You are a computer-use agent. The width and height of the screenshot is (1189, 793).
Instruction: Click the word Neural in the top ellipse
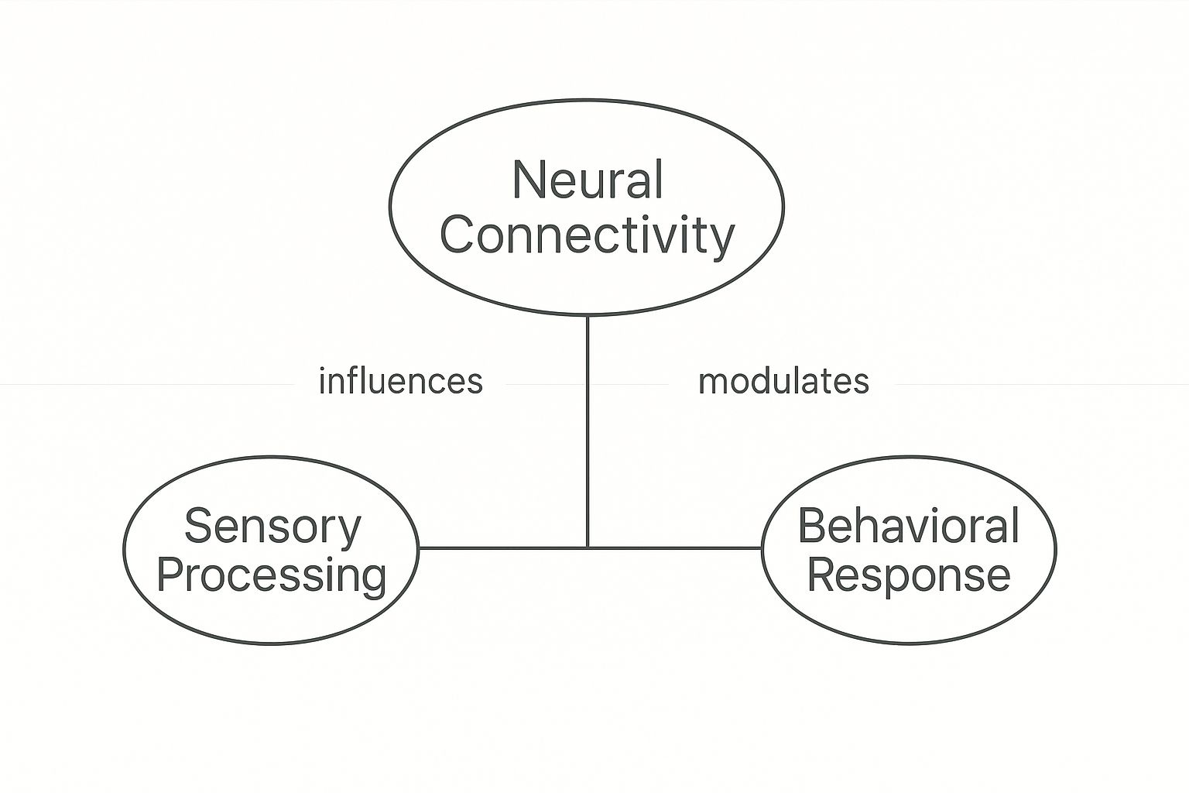coord(588,180)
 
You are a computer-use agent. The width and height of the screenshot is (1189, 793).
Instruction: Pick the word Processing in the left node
coord(271,575)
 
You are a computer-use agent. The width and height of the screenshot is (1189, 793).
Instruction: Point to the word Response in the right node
coord(908,575)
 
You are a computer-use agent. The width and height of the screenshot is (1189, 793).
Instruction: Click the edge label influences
coord(400,382)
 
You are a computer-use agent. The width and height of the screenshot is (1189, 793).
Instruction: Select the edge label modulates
coord(783,382)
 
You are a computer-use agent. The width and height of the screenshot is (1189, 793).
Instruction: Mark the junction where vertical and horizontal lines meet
coord(588,548)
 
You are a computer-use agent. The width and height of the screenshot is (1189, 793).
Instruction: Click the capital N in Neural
coord(528,180)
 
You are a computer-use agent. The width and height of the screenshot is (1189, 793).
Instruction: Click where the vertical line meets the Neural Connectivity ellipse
coord(588,316)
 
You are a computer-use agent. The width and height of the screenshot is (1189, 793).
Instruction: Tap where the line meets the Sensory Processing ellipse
coord(419,548)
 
